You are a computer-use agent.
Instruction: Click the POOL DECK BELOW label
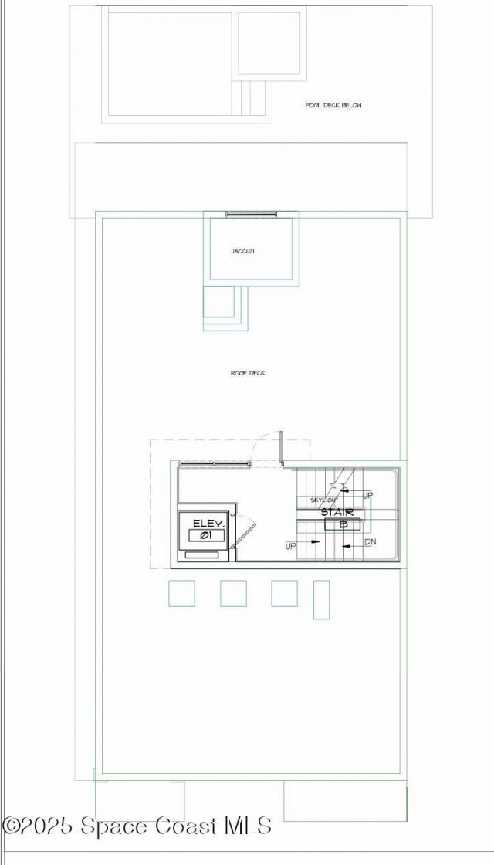click(333, 105)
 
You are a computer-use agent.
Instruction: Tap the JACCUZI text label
click(243, 251)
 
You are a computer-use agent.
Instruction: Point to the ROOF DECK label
click(248, 373)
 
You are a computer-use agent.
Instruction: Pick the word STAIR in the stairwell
click(337, 512)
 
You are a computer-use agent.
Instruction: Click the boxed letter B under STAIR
click(343, 524)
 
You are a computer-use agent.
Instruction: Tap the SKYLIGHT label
click(324, 500)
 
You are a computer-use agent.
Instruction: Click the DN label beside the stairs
click(370, 542)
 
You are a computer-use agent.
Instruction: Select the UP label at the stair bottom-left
click(290, 546)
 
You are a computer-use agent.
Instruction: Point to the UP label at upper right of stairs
click(367, 494)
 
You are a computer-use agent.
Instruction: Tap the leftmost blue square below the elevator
click(181, 593)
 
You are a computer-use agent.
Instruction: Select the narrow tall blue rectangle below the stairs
click(321, 599)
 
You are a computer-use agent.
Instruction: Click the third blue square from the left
click(284, 593)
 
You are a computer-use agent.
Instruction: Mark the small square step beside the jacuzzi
click(218, 302)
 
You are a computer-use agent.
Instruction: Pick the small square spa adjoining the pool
click(268, 43)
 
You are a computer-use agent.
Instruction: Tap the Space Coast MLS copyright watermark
click(137, 826)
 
